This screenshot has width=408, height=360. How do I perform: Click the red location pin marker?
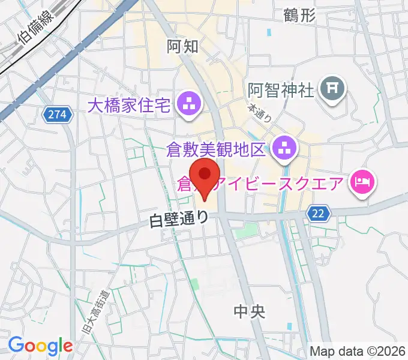[x=206, y=175]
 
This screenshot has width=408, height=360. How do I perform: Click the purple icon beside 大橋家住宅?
[x=190, y=106]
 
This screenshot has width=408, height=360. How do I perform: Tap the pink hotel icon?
[x=362, y=180]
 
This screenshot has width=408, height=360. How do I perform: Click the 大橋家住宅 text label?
[x=130, y=106]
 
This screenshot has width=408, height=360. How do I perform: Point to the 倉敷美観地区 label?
[x=216, y=149]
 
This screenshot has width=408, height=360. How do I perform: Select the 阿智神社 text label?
[x=281, y=91]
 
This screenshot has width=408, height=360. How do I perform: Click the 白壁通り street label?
[x=178, y=220]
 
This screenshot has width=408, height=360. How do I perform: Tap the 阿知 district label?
[x=182, y=47]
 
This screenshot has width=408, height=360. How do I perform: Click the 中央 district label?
[x=250, y=311]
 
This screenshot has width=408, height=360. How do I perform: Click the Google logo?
[x=40, y=346]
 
